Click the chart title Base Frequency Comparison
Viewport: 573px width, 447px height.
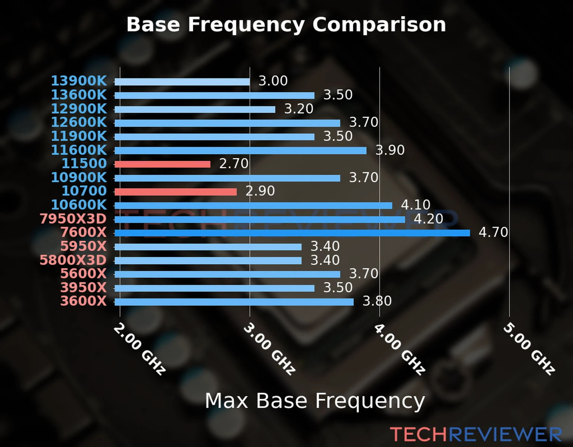click(286, 25)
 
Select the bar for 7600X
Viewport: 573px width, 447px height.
click(292, 233)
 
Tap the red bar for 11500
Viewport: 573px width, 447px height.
click(162, 164)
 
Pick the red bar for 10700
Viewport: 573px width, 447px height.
click(175, 192)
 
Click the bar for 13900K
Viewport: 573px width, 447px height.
click(182, 82)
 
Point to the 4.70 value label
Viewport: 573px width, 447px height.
click(493, 232)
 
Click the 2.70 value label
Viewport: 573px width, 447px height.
click(234, 164)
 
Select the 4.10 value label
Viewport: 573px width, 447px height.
click(416, 205)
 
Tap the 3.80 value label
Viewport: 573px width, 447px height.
click(377, 301)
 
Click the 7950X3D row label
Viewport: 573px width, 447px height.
click(73, 219)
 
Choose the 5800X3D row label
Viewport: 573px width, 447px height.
click(73, 260)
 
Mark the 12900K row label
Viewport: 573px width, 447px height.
click(79, 109)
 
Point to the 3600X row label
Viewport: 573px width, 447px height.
click(84, 301)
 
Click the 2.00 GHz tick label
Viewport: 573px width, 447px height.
click(140, 349)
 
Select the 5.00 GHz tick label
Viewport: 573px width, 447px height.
click(529, 349)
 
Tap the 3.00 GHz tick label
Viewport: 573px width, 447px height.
click(269, 349)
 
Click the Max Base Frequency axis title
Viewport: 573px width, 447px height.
click(315, 401)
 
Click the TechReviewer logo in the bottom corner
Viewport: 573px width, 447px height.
click(476, 434)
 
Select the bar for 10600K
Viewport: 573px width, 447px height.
click(253, 206)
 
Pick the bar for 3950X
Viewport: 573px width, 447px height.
click(215, 288)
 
